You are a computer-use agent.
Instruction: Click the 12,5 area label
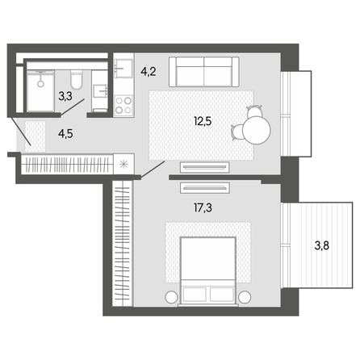203,122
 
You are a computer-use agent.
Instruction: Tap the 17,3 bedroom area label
203,207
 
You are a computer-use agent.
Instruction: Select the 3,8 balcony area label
322,246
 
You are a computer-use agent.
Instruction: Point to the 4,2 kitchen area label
149,72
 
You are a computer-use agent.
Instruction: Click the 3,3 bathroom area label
65,96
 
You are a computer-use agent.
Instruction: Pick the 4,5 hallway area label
65,134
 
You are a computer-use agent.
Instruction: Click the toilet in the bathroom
77,80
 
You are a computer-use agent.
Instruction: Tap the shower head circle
40,84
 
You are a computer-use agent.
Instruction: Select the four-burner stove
123,106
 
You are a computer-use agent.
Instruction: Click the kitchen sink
123,69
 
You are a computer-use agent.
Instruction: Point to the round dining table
257,130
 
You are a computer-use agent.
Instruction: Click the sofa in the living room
204,72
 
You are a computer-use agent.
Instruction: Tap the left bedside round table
171,297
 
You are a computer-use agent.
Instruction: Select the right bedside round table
245,297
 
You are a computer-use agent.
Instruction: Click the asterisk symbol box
123,164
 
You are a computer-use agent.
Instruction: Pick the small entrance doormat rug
36,136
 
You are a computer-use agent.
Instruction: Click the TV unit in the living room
205,167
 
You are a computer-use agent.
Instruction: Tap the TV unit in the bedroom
205,188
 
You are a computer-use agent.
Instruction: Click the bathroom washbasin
100,90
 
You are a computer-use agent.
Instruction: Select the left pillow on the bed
195,294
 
